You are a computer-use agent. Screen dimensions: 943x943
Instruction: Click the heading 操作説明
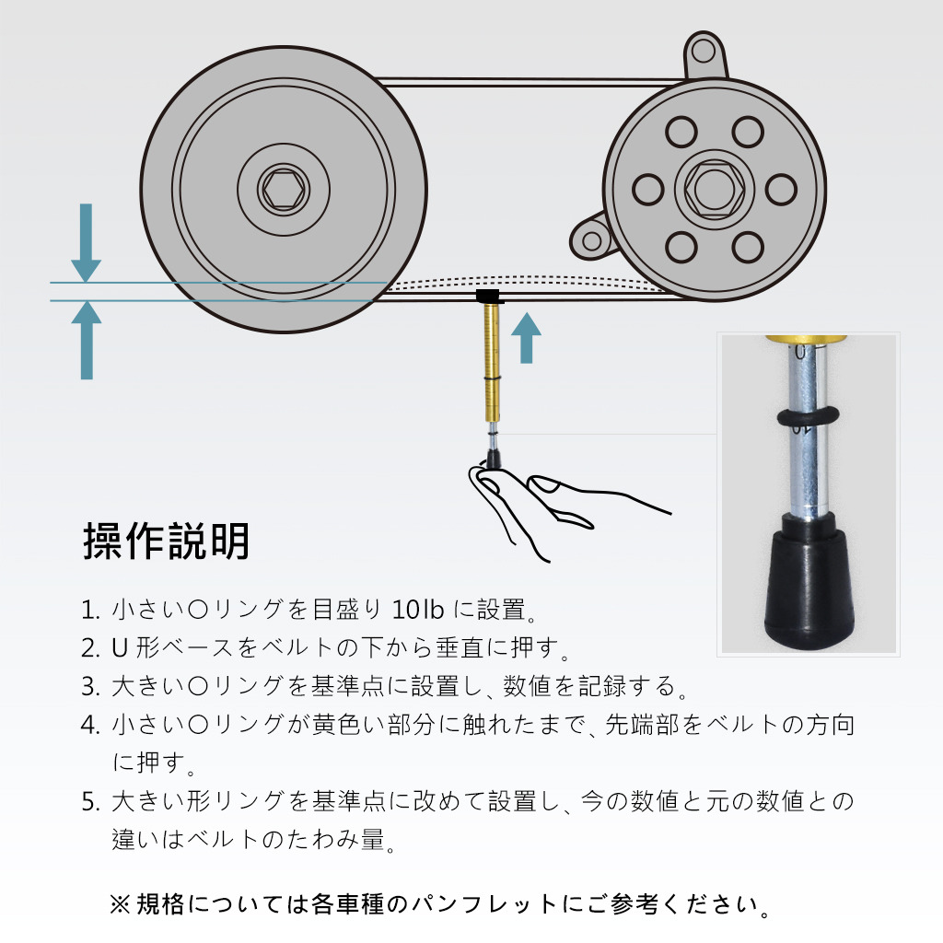pos(166,541)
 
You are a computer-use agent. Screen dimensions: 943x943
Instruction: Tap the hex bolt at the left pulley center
pos(284,189)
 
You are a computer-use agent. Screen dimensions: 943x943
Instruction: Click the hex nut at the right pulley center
pos(715,189)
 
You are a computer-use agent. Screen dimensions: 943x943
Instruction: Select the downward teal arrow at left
pos(87,242)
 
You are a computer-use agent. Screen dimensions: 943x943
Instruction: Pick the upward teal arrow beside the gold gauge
pos(526,337)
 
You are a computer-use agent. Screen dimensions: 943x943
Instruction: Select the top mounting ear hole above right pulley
pos(703,52)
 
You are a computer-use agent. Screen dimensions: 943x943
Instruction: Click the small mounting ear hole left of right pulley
pos(592,240)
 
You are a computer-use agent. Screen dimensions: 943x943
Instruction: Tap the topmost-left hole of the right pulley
pos(681,132)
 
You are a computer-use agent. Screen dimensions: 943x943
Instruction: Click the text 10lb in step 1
pos(418,610)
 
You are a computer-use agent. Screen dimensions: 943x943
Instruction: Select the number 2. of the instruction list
pos(90,648)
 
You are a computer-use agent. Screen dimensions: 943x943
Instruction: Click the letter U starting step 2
pos(121,648)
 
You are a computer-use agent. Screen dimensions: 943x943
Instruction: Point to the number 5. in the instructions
pos(90,802)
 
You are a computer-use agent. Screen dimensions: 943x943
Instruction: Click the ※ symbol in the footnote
pos(119,904)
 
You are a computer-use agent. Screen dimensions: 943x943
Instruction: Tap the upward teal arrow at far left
pos(87,340)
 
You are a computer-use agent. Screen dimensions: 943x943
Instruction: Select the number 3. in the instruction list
pos(90,687)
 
